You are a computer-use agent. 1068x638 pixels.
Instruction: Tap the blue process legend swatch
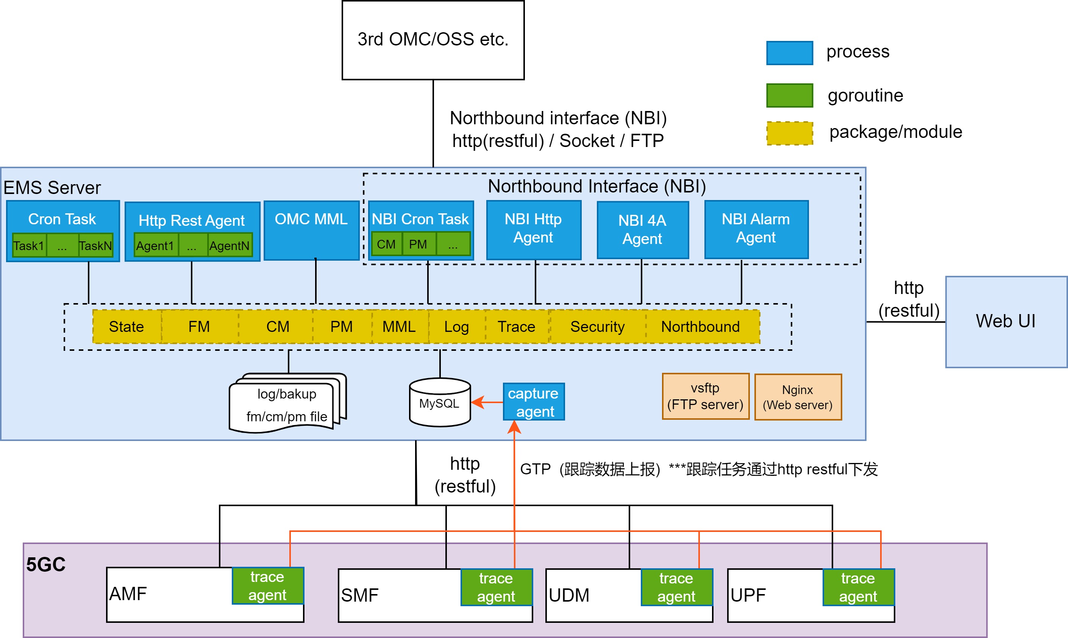coord(789,53)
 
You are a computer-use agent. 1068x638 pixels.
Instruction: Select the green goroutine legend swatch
coord(789,95)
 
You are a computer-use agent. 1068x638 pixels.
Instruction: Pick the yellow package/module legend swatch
coord(789,133)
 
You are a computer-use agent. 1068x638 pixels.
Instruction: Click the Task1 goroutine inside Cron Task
coord(29,246)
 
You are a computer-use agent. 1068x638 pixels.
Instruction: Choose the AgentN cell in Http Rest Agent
coord(230,246)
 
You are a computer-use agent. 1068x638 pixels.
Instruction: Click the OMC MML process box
coord(311,230)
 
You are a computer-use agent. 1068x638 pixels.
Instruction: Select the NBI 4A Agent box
coord(643,230)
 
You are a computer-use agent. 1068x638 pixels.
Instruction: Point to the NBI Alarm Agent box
coord(756,229)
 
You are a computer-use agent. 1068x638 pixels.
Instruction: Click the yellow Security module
coord(597,327)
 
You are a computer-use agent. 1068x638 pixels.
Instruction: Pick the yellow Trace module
coord(517,327)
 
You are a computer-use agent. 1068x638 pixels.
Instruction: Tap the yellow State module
coord(126,327)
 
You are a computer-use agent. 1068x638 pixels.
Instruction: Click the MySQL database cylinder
coord(440,403)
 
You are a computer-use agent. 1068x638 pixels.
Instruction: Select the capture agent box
coord(533,402)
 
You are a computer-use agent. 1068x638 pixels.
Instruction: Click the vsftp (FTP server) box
coord(705,396)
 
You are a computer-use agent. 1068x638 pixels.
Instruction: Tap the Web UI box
coord(1006,322)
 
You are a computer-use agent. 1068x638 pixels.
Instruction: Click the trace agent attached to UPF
coord(858,587)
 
